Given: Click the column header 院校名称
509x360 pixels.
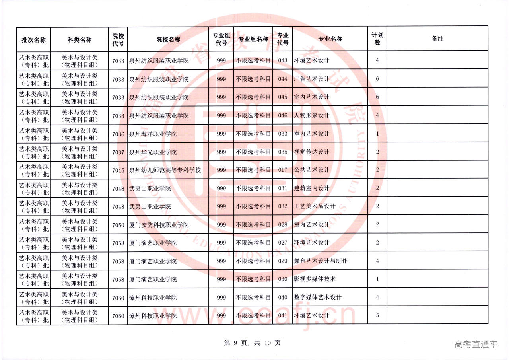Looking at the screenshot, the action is tap(168, 39).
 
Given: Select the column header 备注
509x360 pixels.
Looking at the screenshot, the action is tap(437, 39).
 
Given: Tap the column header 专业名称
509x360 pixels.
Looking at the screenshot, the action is tap(330, 39).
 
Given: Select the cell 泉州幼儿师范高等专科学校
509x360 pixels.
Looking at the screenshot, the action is tap(165, 170).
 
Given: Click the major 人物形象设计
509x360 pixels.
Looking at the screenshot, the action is tap(311, 115).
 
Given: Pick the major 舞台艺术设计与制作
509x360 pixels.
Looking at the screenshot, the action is tap(321, 261).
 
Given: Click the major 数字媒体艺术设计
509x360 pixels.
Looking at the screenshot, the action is tap(317, 297).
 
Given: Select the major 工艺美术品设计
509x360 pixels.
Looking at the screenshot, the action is tap(315, 206).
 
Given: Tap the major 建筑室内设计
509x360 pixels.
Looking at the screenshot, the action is tap(311, 188).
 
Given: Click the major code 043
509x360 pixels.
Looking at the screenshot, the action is tap(282, 60).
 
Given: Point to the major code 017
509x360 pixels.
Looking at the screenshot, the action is tap(282, 170).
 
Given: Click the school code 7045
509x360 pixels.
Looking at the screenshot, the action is tap(118, 170).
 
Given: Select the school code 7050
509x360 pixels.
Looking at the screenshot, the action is tap(118, 225).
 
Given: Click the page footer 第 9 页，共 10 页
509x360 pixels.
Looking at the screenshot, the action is tap(252, 343).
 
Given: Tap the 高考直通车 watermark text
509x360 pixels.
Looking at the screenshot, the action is tap(476, 344).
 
